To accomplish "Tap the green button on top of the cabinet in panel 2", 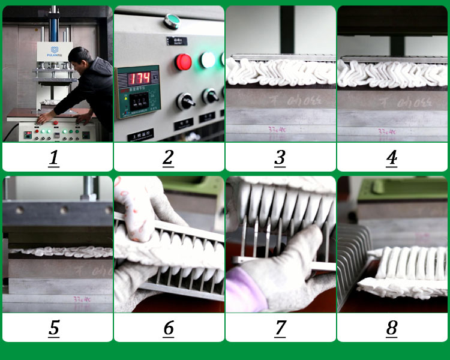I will tap(173, 21).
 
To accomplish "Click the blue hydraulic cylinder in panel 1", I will tap(53, 24).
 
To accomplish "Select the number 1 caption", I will tap(54, 158).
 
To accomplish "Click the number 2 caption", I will tap(168, 158).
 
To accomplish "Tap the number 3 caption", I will tap(280, 158).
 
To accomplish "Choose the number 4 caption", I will tap(391, 158).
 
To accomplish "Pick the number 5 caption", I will tap(54, 328).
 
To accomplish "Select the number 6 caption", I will tap(168, 328).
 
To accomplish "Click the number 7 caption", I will tap(280, 328).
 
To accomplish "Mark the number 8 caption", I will tap(391, 328).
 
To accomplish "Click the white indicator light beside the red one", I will tap(208, 59).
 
